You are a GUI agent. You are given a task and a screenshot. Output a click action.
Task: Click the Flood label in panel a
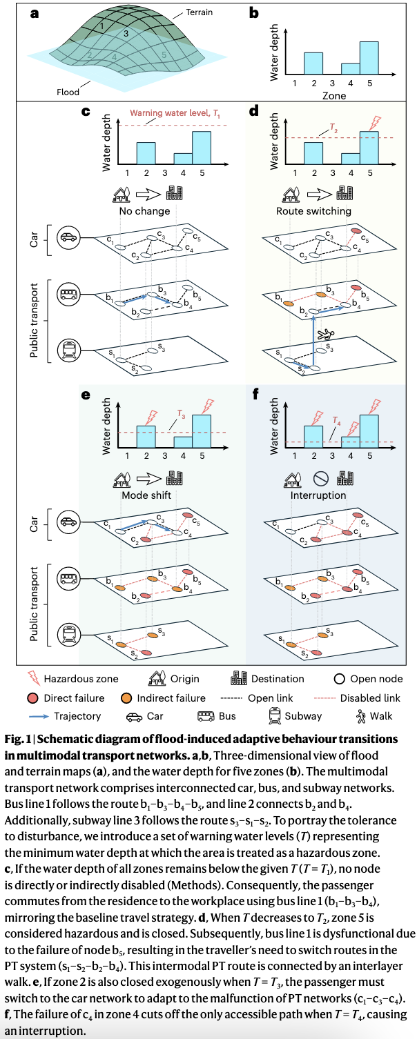click(x=68, y=91)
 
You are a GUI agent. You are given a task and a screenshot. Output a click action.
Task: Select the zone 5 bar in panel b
click(x=369, y=57)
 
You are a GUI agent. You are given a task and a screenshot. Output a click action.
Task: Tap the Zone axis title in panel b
click(x=334, y=96)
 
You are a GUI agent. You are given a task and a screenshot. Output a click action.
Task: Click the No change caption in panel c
click(x=145, y=210)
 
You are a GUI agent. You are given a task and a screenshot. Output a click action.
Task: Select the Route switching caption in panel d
click(x=313, y=210)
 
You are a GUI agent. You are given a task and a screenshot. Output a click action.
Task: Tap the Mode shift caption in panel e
click(x=146, y=495)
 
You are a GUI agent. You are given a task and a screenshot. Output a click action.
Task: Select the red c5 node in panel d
click(x=356, y=231)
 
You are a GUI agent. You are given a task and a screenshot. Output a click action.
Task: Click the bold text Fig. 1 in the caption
click(x=21, y=739)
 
